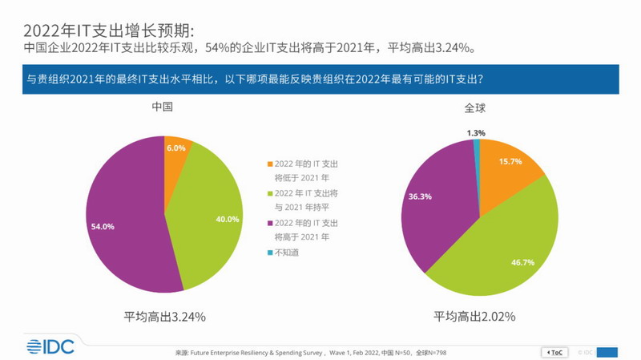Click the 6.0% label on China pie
176,148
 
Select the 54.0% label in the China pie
103,227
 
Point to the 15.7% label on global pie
510,162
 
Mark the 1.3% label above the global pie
476,132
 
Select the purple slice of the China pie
120,208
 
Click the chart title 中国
164,107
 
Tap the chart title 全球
476,107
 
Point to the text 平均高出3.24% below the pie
165,316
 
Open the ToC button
555,352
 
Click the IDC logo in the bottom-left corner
51,346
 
